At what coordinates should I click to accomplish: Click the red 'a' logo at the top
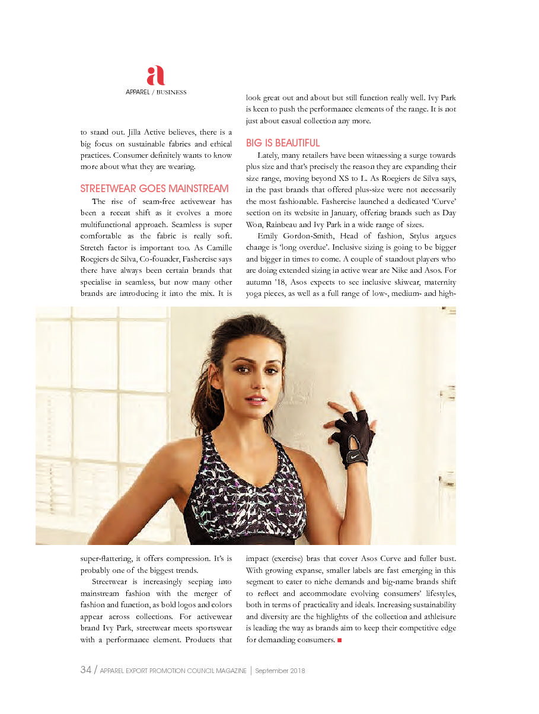(155, 75)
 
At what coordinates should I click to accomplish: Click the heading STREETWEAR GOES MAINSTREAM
(154, 189)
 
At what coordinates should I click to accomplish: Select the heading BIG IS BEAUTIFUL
(283, 143)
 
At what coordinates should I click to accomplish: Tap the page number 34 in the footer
(85, 670)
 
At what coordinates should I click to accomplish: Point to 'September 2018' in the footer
(280, 671)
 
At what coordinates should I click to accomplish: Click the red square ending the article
(339, 640)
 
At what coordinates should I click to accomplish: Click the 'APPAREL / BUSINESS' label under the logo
(156, 93)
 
